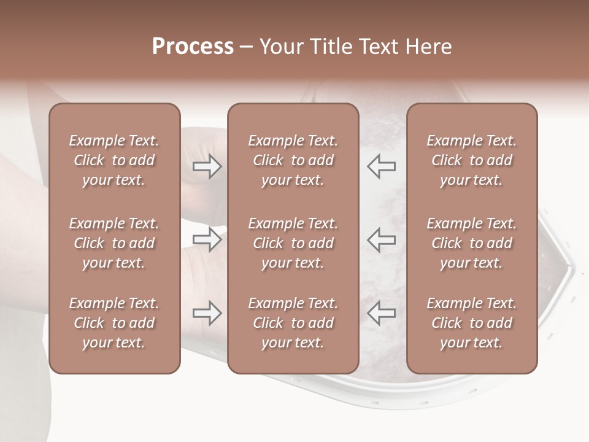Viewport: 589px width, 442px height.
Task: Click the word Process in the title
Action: [x=193, y=47]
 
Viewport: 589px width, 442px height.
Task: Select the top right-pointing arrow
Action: [x=207, y=166]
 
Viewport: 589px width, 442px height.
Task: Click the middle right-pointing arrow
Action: [x=207, y=239]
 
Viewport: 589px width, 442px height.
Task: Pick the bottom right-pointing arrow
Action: [x=207, y=313]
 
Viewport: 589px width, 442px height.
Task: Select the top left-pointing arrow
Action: [x=382, y=166]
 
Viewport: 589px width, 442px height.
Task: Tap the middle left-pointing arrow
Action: [x=382, y=239]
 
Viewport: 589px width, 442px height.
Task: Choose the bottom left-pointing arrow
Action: [x=382, y=313]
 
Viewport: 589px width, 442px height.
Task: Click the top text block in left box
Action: [x=114, y=160]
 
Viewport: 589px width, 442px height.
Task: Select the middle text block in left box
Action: [x=114, y=243]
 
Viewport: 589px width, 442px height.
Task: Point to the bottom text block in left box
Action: [x=114, y=323]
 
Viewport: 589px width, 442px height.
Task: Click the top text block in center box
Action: [x=293, y=160]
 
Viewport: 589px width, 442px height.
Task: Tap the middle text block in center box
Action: [x=293, y=243]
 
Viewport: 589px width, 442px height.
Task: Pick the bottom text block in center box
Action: [x=293, y=323]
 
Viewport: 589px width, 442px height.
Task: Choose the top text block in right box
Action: [x=471, y=160]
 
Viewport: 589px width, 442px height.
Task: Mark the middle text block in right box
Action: [x=471, y=243]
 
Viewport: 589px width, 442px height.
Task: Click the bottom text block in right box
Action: [x=471, y=323]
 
